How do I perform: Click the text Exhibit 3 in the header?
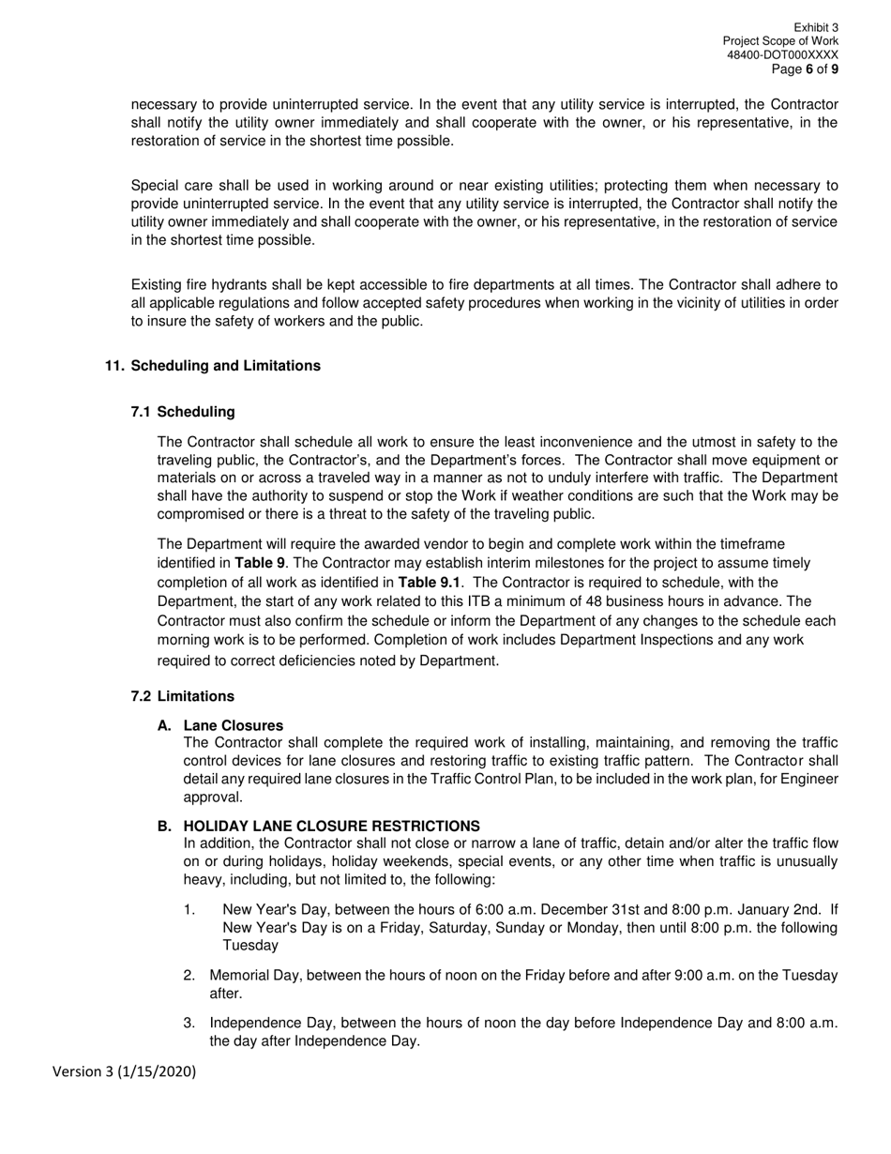(815, 28)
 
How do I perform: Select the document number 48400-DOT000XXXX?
(782, 55)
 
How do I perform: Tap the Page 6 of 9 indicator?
(804, 69)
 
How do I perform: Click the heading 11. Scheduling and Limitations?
(212, 366)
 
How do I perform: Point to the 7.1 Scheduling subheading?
(183, 412)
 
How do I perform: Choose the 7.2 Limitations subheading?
(183, 696)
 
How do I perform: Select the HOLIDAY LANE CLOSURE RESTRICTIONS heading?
(331, 826)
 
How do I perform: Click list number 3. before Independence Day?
(189, 1023)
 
